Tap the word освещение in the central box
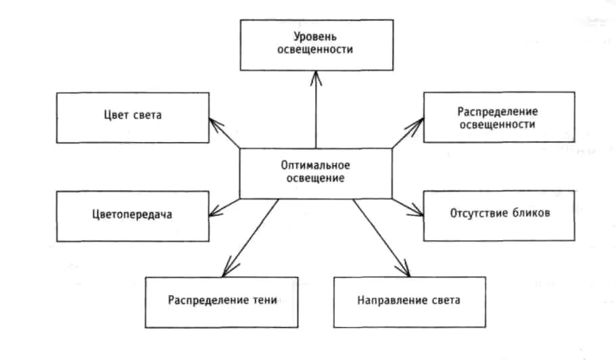(x=316, y=179)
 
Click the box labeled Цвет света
(x=133, y=117)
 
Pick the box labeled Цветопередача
(x=133, y=215)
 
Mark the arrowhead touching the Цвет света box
(x=214, y=122)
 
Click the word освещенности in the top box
(x=316, y=50)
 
